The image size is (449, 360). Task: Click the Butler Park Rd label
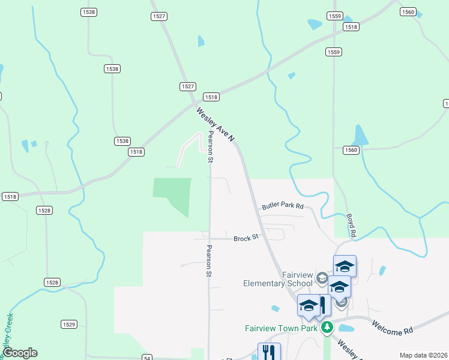pyautogui.click(x=283, y=206)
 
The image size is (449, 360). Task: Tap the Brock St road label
pyautogui.click(x=246, y=237)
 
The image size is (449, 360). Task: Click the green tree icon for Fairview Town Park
pyautogui.click(x=327, y=328)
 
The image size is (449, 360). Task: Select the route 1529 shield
pyautogui.click(x=68, y=324)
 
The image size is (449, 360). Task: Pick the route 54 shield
pyautogui.click(x=147, y=358)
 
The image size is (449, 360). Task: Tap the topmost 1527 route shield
pyautogui.click(x=159, y=16)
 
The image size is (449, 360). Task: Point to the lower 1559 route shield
pyautogui.click(x=334, y=52)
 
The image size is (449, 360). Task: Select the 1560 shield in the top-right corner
pyautogui.click(x=408, y=12)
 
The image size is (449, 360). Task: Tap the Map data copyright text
pyautogui.click(x=423, y=355)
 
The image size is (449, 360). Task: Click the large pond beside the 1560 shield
pyautogui.click(x=360, y=136)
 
